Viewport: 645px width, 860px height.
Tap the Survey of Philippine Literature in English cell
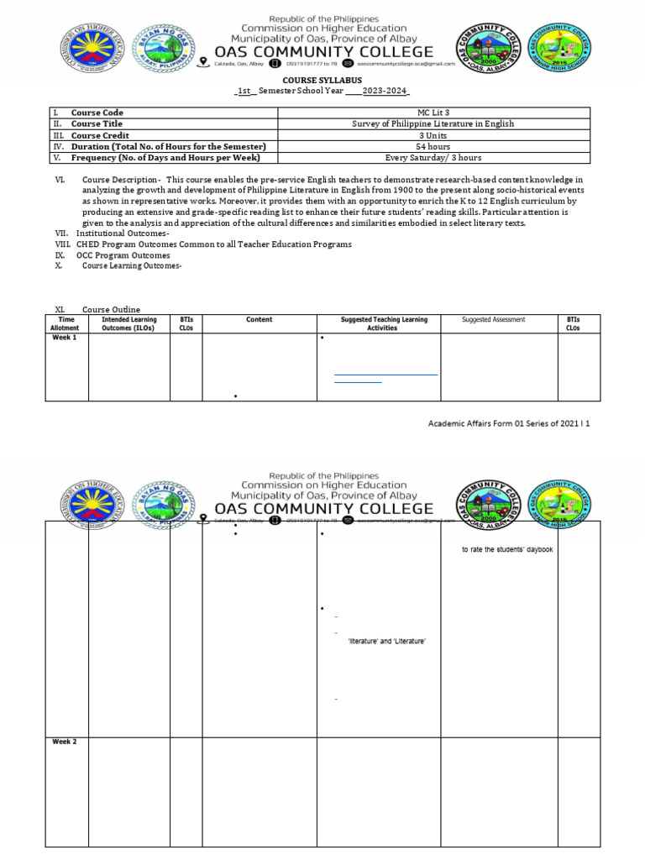pos(433,124)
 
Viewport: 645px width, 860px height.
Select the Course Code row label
pos(97,113)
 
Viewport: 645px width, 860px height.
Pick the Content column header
pos(259,320)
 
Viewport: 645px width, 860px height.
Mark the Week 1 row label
pos(65,338)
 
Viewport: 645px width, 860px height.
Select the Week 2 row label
pos(65,742)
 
